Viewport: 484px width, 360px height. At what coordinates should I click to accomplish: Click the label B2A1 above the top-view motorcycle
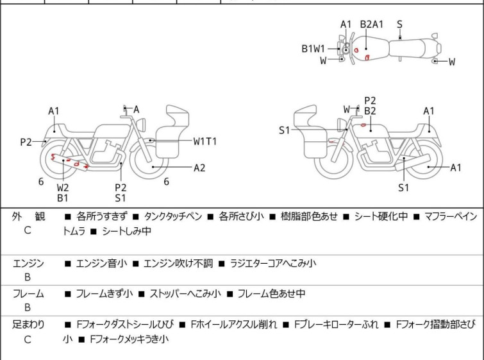371,24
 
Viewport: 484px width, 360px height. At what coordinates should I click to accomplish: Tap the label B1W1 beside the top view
313,48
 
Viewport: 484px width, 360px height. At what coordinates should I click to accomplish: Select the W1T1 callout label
205,141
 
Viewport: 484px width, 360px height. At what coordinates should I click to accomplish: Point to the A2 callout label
199,167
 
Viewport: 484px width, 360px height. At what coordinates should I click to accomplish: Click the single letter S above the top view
399,24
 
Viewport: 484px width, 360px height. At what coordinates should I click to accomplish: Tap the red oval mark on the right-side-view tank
363,126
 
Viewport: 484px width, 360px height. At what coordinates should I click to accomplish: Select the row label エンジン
29,263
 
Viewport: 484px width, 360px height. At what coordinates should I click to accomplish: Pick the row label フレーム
29,294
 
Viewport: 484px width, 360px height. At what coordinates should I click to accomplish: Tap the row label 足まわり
29,325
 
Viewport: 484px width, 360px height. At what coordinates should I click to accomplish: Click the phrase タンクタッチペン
175,217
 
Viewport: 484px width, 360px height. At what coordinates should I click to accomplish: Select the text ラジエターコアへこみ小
272,263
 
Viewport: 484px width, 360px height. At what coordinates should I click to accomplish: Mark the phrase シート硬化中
377,217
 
